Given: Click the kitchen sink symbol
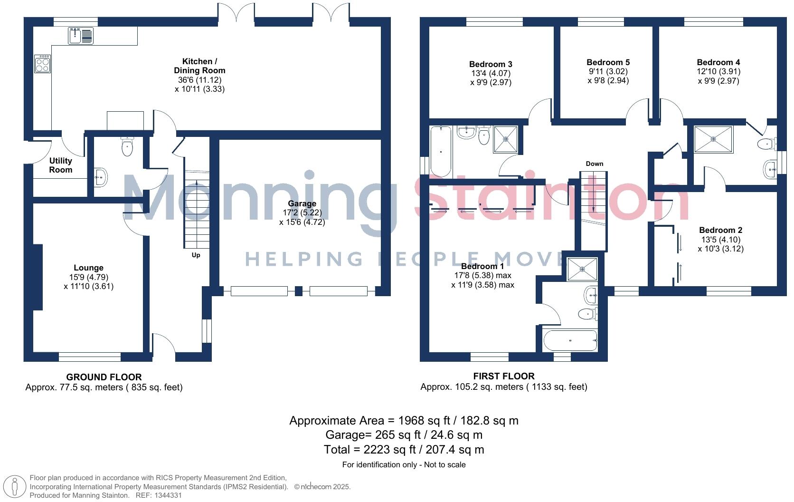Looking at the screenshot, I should (81, 36).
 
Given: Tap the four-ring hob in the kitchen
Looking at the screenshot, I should (42, 64).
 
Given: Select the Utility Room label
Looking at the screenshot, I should (61, 165).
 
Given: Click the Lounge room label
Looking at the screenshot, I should (88, 268).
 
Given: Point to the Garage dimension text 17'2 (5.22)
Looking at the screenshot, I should (302, 213).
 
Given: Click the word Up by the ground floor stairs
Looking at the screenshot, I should (196, 255).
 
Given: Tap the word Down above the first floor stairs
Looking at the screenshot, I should (594, 164).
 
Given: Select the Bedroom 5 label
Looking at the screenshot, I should (608, 62).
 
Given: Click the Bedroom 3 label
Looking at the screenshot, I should (491, 64).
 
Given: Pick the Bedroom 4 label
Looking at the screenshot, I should (718, 62).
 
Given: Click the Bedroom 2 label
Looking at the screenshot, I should (720, 230).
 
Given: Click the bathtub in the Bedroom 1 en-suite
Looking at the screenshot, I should (570, 340).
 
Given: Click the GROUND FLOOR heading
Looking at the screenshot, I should (104, 377).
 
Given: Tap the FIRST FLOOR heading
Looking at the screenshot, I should (503, 376).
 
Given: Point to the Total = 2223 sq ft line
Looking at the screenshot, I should (404, 449).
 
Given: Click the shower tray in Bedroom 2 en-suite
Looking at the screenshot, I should (713, 139).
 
